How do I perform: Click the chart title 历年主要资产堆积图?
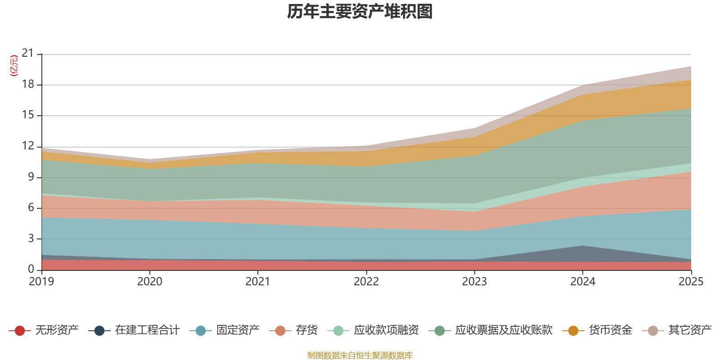pyautogui.click(x=360, y=12)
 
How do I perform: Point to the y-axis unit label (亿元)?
pyautogui.click(x=14, y=66)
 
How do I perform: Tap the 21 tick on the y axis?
pyautogui.click(x=28, y=54)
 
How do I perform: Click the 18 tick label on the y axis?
pyautogui.click(x=28, y=85)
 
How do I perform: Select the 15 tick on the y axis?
pyautogui.click(x=28, y=115)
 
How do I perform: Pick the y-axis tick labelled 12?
pyautogui.click(x=28, y=146)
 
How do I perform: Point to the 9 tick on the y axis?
pyautogui.click(x=31, y=177)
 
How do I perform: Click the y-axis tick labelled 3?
pyautogui.click(x=31, y=238)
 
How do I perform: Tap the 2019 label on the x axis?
pyautogui.click(x=41, y=282)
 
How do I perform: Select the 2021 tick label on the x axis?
pyautogui.click(x=258, y=282)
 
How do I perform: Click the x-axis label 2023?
pyautogui.click(x=474, y=282)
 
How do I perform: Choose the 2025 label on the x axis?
pyautogui.click(x=691, y=282)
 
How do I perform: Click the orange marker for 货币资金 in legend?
pyautogui.click(x=573, y=331)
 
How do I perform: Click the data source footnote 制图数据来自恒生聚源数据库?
pyautogui.click(x=360, y=355)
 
